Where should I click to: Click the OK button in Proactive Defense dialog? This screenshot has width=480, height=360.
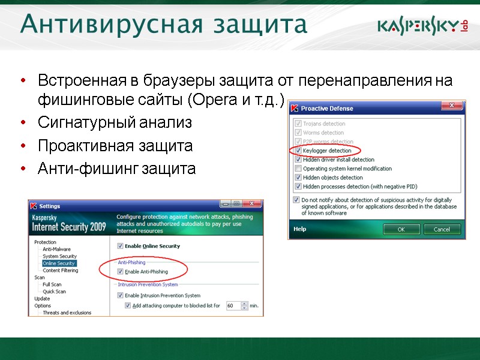tap(401, 229)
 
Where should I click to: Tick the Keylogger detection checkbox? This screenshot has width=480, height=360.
tap(298, 151)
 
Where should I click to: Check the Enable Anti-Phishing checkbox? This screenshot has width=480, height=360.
tap(120, 272)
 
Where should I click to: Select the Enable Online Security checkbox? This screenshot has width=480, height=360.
tap(120, 246)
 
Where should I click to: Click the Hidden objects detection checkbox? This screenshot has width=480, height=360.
tap(298, 178)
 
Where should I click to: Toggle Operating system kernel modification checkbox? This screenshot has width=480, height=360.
tap(298, 169)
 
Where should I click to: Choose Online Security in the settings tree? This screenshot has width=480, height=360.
tap(58, 263)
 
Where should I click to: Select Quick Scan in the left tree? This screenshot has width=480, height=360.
tap(54, 292)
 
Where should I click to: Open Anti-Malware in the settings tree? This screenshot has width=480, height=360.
tap(56, 249)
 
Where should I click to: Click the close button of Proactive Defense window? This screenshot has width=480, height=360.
tap(450, 106)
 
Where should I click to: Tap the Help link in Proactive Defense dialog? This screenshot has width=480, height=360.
tap(299, 229)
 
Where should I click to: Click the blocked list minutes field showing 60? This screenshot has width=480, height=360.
tap(232, 305)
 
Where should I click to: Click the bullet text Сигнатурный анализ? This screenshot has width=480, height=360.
tap(115, 123)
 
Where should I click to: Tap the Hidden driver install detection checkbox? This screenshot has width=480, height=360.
tap(298, 160)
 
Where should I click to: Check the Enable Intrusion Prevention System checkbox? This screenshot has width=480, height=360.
tap(120, 295)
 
